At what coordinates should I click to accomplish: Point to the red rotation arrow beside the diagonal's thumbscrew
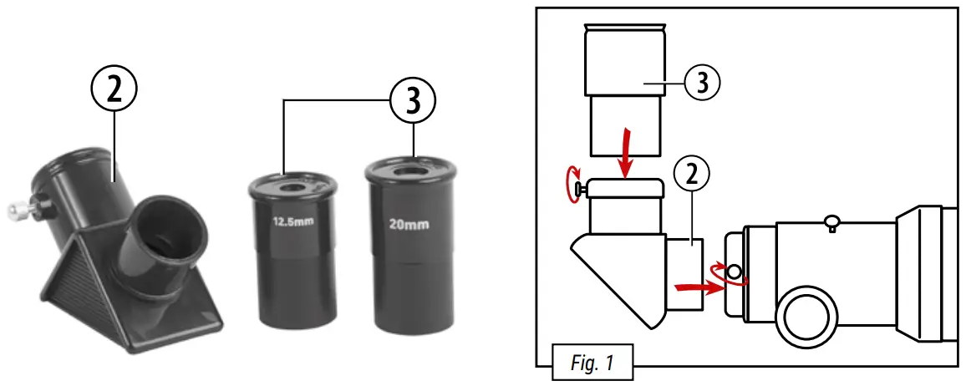coord(573,184)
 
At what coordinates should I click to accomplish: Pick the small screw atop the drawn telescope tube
coord(831,221)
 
